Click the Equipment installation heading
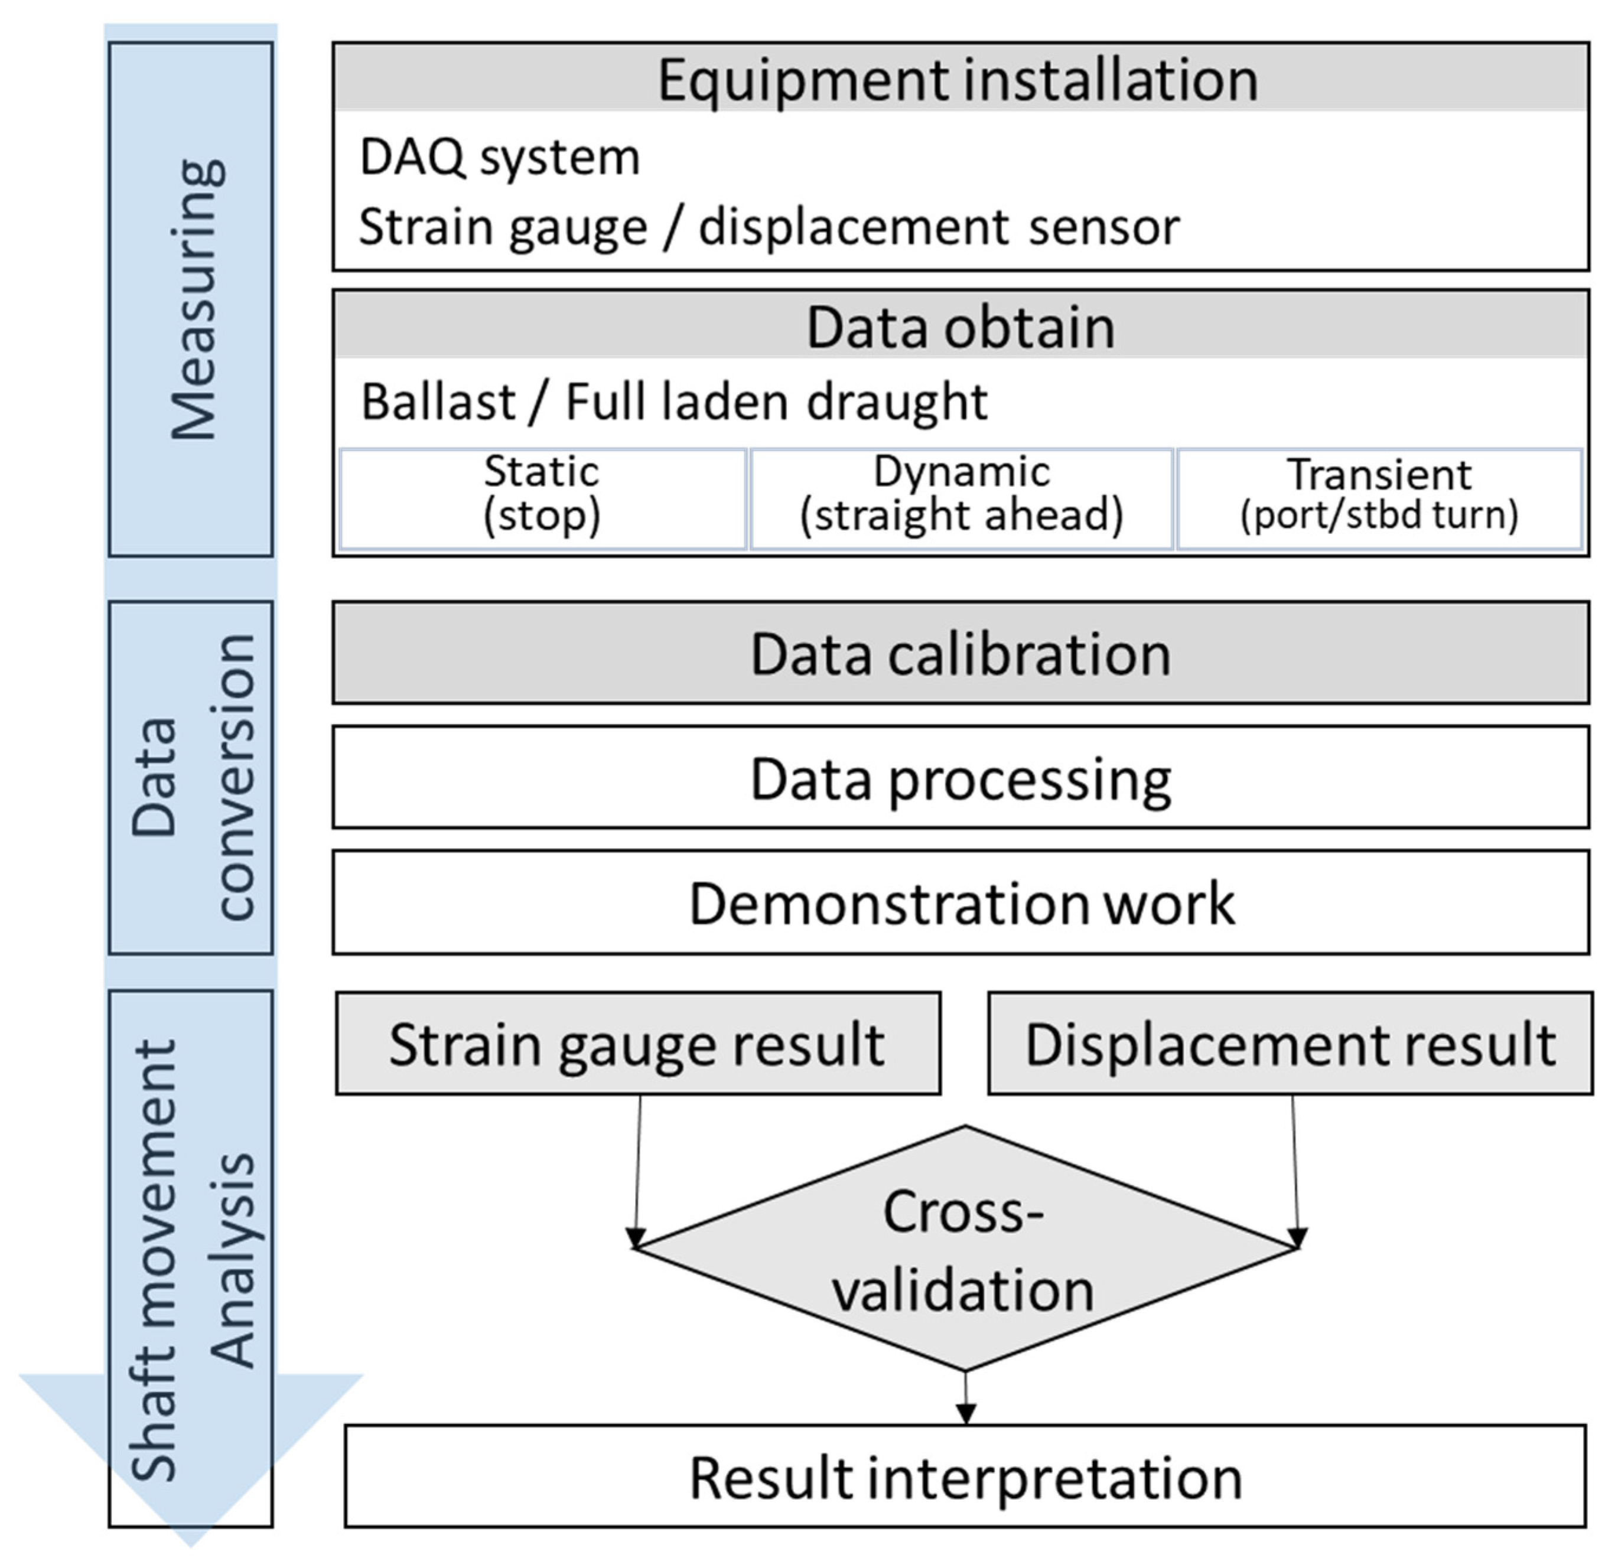(x=958, y=80)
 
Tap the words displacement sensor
(x=939, y=227)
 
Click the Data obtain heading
(x=960, y=328)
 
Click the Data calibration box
(x=960, y=654)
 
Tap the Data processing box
(x=960, y=777)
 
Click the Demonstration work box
(x=960, y=903)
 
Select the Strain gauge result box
(x=637, y=1044)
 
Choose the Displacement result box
(x=1290, y=1044)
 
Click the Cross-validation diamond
(x=964, y=1250)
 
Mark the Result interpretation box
(x=964, y=1477)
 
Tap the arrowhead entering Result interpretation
(x=965, y=1413)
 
